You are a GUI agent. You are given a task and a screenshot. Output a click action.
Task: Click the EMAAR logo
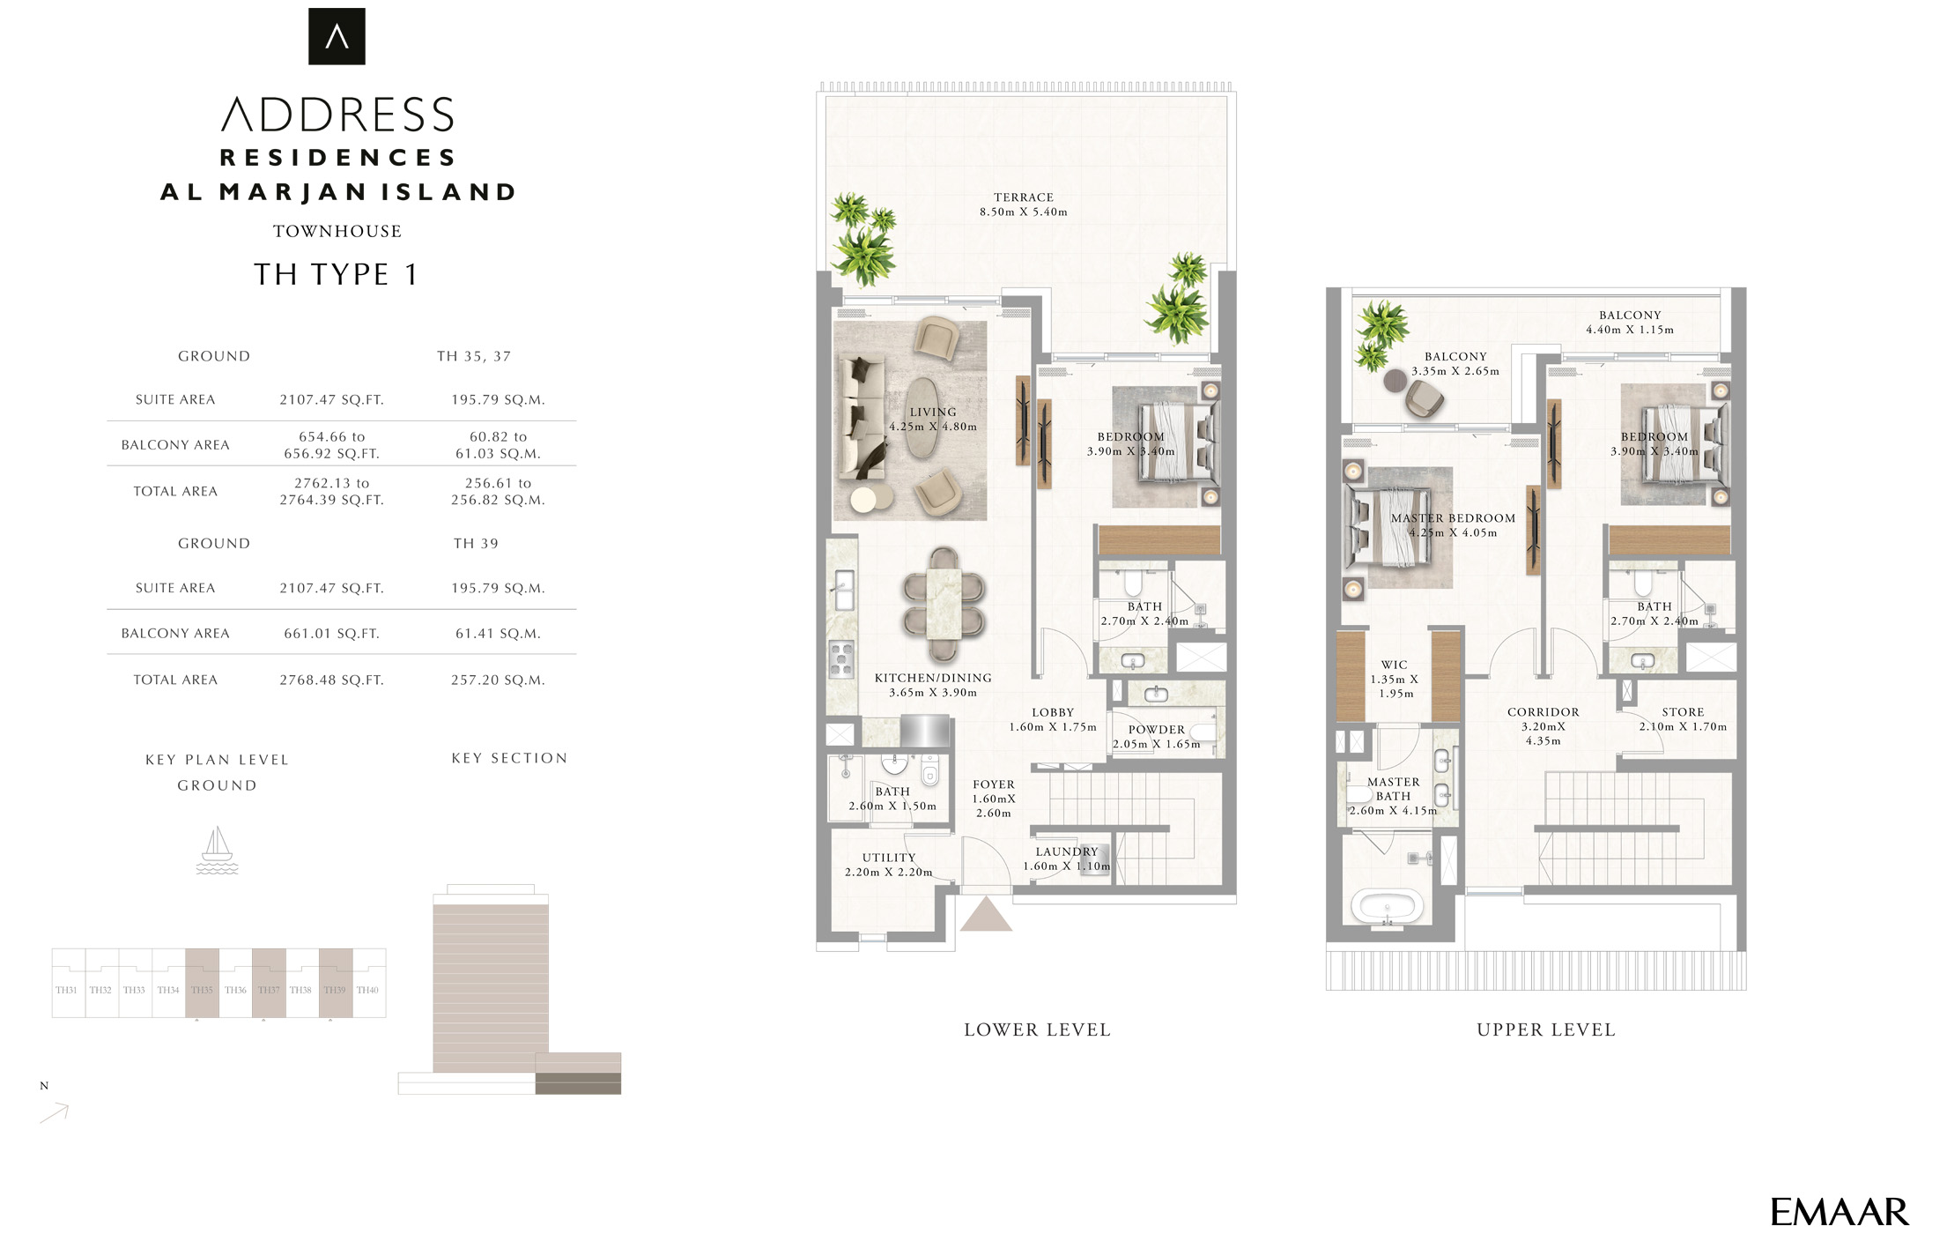pos(1839,1212)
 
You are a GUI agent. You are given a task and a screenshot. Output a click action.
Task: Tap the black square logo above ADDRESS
pos(337,36)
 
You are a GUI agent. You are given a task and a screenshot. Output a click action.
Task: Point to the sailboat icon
pos(217,851)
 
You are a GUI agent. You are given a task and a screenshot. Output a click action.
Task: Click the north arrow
pos(55,1113)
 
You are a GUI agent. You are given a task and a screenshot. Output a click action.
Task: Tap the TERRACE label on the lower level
pos(1023,197)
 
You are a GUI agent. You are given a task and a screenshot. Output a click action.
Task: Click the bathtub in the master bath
pos(1387,906)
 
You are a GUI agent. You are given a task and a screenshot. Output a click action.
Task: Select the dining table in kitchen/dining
pos(944,604)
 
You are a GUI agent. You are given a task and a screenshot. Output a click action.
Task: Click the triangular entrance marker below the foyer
pos(985,916)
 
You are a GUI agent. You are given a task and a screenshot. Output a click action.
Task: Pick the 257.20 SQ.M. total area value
pos(498,680)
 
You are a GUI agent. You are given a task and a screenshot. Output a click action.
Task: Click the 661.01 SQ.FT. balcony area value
pos(331,633)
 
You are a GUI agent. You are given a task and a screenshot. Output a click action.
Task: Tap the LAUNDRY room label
pos(1066,851)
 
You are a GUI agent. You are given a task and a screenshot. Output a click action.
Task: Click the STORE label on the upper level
pos(1683,712)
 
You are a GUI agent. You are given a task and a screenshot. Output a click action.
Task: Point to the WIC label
pos(1394,665)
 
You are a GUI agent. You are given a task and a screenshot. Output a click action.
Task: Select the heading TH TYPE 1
pos(336,274)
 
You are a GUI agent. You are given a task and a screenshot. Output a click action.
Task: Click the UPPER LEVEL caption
pos(1546,1030)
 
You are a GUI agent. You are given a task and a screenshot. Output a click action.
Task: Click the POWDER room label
pos(1156,730)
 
